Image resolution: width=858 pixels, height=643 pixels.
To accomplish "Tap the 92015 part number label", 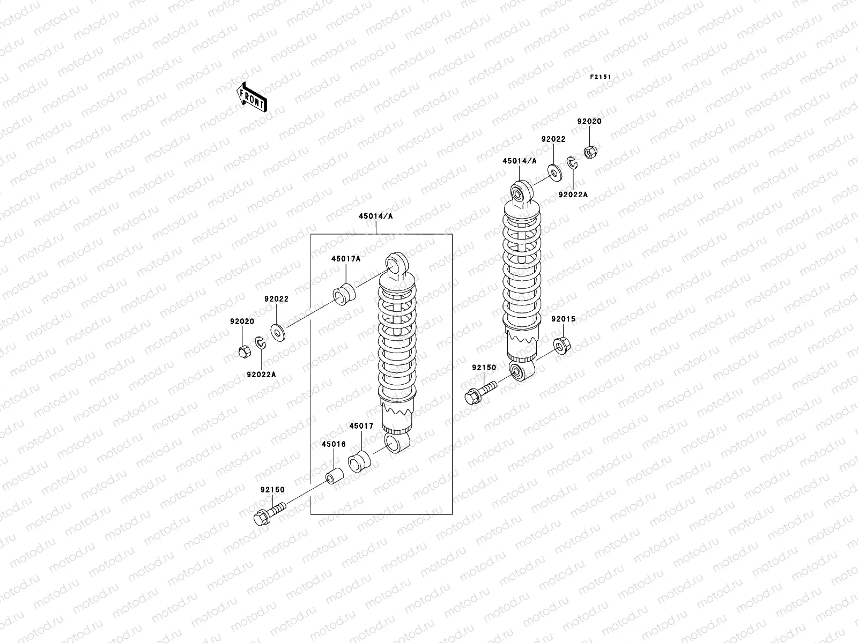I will click(x=563, y=319).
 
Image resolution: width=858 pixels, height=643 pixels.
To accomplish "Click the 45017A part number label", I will click(x=345, y=258).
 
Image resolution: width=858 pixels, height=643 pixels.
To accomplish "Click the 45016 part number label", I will click(x=334, y=444).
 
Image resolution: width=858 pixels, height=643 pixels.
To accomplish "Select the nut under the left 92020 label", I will click(x=242, y=352).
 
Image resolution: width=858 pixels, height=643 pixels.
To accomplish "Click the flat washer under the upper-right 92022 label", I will click(x=553, y=171).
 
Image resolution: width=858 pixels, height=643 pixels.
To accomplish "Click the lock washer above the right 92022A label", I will click(x=572, y=164).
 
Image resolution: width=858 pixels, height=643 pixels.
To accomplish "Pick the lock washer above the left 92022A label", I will click(x=260, y=343).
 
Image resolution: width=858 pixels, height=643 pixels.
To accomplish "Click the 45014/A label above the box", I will click(x=376, y=216).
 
